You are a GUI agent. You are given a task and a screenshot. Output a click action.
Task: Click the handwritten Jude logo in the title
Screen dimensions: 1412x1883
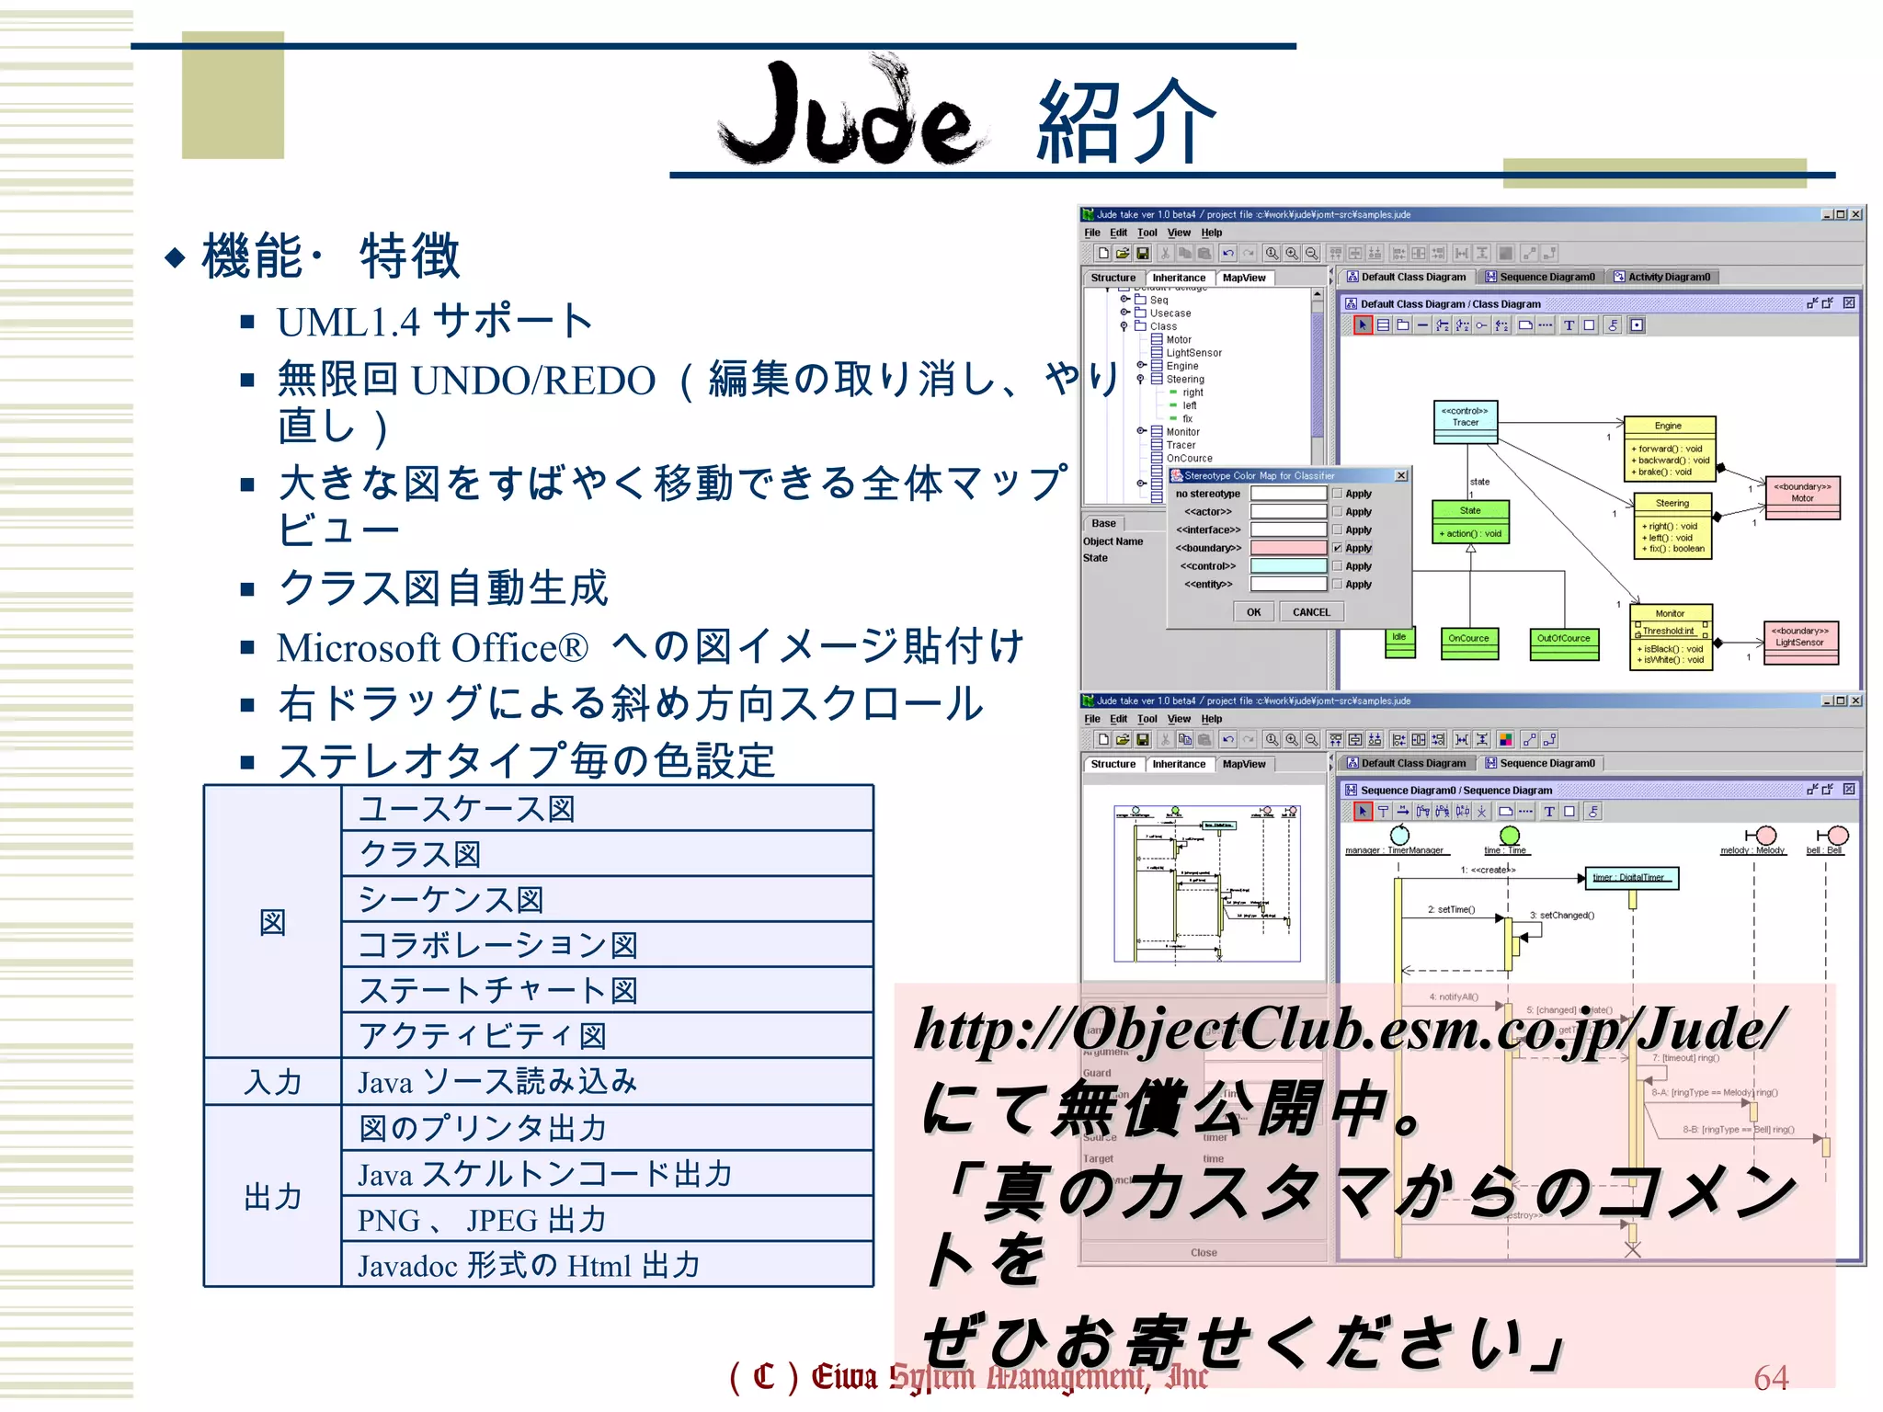(850, 115)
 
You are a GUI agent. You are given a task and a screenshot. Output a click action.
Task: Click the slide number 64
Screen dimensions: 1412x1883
(1770, 1378)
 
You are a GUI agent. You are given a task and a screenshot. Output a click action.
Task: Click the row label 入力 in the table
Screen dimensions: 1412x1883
(272, 1082)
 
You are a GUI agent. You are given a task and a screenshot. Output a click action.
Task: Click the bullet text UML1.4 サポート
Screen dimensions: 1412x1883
(435, 322)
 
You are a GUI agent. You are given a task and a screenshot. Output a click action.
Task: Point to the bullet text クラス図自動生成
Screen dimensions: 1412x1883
(443, 588)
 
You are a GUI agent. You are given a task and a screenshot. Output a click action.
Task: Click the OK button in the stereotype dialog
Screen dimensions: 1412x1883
(1253, 612)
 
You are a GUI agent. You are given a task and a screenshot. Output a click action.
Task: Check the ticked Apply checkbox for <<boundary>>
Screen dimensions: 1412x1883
(1338, 548)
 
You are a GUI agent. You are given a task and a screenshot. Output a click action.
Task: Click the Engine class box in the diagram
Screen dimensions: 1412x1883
(1669, 449)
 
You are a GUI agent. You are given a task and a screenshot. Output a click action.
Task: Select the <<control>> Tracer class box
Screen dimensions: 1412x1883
(1466, 422)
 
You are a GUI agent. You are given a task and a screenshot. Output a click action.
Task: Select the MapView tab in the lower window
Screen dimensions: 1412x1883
(1243, 764)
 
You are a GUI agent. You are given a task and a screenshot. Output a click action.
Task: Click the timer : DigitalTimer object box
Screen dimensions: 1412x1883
(1631, 878)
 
